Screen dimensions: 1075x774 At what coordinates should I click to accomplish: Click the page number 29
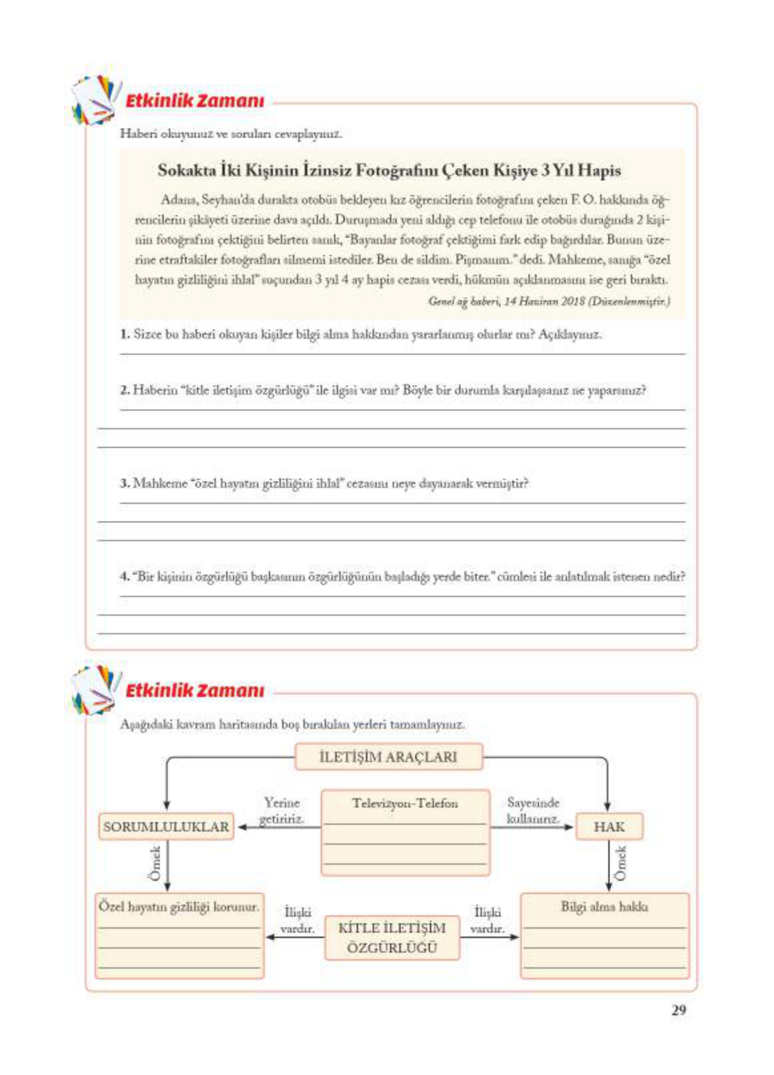[x=677, y=1010]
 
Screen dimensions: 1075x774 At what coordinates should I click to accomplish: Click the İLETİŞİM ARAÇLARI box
[x=388, y=757]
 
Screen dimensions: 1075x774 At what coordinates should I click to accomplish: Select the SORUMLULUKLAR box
[x=166, y=827]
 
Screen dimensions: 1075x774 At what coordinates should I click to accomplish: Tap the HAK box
[x=608, y=827]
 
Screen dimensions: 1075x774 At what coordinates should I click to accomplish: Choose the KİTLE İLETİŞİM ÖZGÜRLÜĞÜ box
[x=392, y=937]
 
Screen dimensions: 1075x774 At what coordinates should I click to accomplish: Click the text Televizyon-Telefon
[x=405, y=804]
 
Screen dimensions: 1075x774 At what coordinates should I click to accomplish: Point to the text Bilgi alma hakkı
[x=604, y=907]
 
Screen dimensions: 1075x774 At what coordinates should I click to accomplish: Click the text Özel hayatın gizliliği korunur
[x=178, y=907]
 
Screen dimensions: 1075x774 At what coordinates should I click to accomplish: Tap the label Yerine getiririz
[x=282, y=811]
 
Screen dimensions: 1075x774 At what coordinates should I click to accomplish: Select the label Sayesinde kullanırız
[x=532, y=811]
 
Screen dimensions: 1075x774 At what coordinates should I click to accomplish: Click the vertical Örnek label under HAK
[x=621, y=863]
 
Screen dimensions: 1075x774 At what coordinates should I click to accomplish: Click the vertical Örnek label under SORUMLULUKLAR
[x=155, y=863]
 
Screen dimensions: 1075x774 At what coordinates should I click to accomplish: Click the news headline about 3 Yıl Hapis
[x=389, y=171]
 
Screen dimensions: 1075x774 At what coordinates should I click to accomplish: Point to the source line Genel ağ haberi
[x=548, y=301]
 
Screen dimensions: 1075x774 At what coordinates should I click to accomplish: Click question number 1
[x=124, y=334]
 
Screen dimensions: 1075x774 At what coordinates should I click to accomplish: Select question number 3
[x=124, y=483]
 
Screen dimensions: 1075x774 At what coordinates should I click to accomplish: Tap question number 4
[x=124, y=576]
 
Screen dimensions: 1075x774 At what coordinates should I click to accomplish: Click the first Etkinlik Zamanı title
[x=194, y=101]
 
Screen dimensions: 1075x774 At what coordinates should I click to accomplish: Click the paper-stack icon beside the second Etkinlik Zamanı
[x=95, y=689]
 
